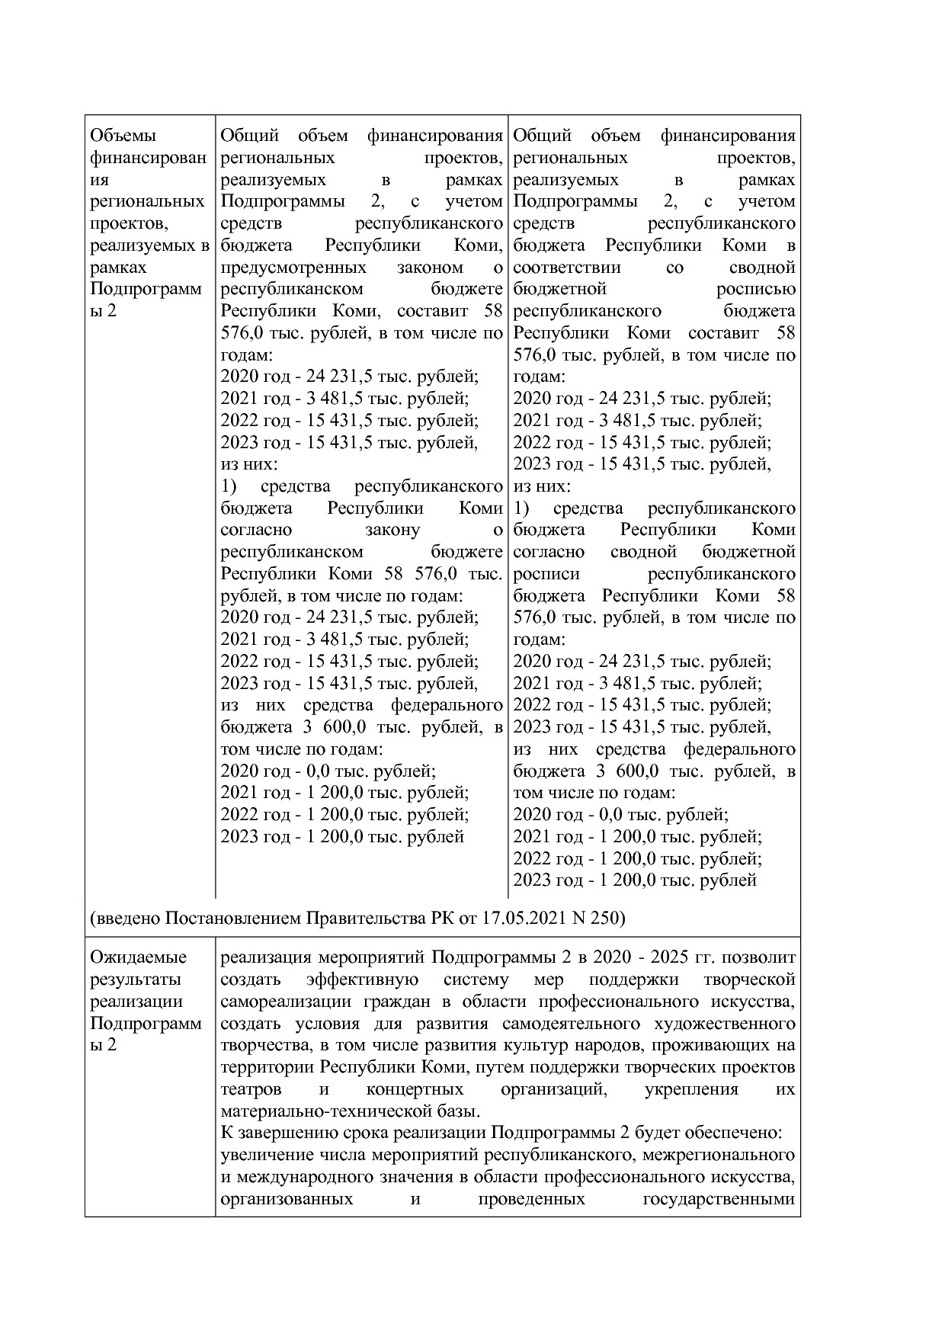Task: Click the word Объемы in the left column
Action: tap(123, 136)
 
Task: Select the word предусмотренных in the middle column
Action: tap(293, 268)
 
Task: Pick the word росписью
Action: tap(755, 290)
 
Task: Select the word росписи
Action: tap(546, 574)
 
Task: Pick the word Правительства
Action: tap(365, 918)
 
